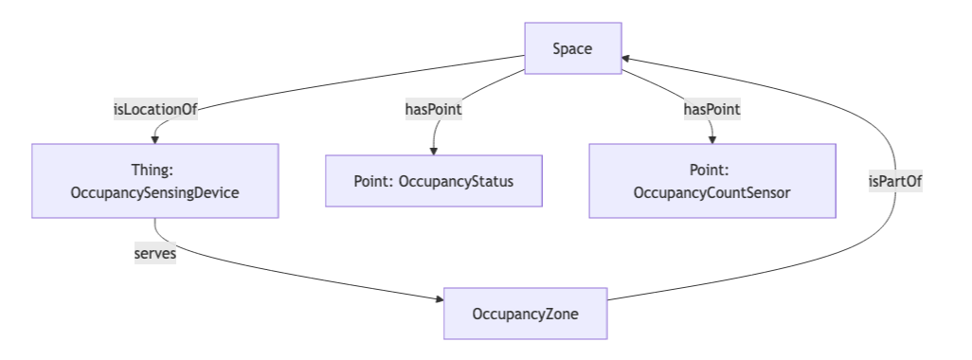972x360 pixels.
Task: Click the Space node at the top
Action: point(573,48)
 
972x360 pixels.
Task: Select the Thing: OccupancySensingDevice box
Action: point(154,181)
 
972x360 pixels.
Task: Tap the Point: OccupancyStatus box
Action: point(434,181)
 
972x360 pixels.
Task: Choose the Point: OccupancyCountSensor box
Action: point(711,181)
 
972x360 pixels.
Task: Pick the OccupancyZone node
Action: point(525,313)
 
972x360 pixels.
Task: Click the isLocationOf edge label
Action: point(154,109)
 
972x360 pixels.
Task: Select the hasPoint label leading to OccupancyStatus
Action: point(434,109)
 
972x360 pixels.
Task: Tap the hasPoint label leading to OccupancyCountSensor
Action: point(711,109)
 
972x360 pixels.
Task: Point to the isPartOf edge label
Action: point(895,181)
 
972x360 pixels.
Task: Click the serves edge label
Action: point(154,253)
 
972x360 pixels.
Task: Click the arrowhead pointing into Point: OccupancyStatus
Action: point(434,150)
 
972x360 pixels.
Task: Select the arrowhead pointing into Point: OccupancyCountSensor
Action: point(711,139)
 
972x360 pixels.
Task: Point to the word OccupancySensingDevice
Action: point(154,192)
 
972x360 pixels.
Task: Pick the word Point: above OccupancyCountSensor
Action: point(711,170)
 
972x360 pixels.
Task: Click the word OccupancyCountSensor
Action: point(711,192)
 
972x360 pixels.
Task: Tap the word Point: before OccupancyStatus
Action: point(374,181)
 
